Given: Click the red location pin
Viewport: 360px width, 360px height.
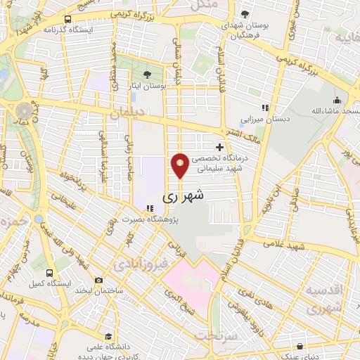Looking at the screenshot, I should coord(181,165).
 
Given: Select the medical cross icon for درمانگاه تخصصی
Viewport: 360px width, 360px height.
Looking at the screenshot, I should coord(220,148).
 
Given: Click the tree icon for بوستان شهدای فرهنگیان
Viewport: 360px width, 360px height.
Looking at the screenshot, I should coord(244,13).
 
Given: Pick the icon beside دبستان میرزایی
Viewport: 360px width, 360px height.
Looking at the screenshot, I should coord(265,108).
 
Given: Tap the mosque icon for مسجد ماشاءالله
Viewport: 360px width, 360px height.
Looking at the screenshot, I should coord(337,100).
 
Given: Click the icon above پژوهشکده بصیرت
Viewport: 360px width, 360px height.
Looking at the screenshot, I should coord(148,207).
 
